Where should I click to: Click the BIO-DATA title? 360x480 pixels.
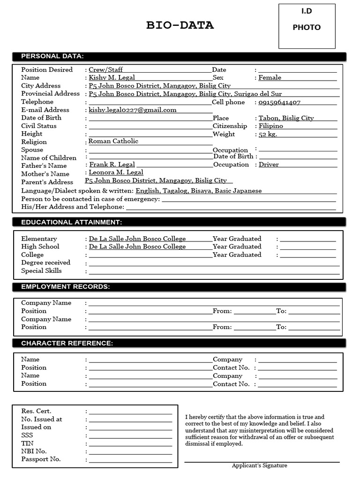180,25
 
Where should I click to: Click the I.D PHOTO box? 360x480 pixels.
307,26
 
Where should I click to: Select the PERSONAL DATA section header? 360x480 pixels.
52,56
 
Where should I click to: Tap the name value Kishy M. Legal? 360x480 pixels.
112,77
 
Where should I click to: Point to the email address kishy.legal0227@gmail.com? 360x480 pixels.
133,110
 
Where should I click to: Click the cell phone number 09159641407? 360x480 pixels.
279,102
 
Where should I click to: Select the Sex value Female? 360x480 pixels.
270,77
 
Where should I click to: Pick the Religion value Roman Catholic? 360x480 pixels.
113,141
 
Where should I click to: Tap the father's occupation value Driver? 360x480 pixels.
269,165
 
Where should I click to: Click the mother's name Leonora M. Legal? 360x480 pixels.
116,172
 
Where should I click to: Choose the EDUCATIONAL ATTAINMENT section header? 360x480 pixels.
71,222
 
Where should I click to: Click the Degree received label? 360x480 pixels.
45,262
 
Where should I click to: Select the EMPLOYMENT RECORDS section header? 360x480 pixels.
65,286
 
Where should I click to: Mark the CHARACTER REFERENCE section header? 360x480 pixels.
67,344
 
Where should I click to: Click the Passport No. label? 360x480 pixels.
41,459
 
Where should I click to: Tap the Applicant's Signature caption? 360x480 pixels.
259,465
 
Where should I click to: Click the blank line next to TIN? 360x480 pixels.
130,443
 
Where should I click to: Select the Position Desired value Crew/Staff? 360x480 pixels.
105,69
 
